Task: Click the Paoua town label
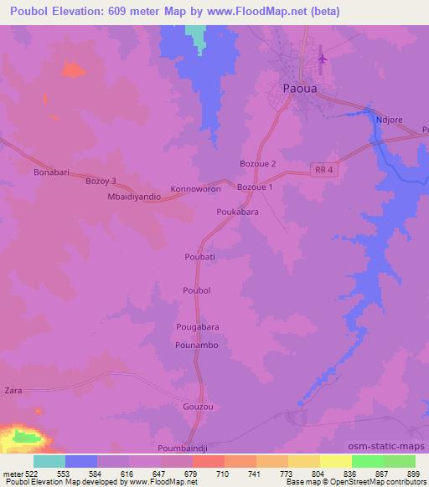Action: click(299, 86)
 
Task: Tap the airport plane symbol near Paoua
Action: click(323, 59)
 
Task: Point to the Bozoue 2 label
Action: click(257, 163)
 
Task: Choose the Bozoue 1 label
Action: click(256, 187)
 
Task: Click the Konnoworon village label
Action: click(196, 189)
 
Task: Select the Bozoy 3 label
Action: click(101, 180)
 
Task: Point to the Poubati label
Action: click(200, 257)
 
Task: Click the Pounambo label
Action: click(197, 345)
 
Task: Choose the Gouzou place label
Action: click(199, 407)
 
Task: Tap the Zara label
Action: click(13, 391)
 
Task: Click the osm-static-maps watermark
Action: click(393, 446)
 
